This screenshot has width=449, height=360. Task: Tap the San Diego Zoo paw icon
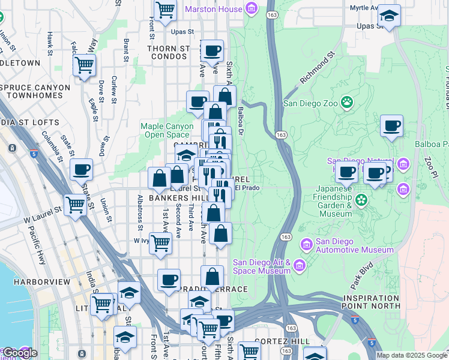347,102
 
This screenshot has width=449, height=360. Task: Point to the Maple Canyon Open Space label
167,130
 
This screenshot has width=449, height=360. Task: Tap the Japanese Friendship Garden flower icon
361,199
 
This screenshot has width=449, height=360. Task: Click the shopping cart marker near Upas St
164,10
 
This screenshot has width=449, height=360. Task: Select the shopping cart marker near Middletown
85,64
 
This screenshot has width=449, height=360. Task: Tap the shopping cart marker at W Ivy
161,243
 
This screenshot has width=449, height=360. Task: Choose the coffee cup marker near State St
81,169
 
